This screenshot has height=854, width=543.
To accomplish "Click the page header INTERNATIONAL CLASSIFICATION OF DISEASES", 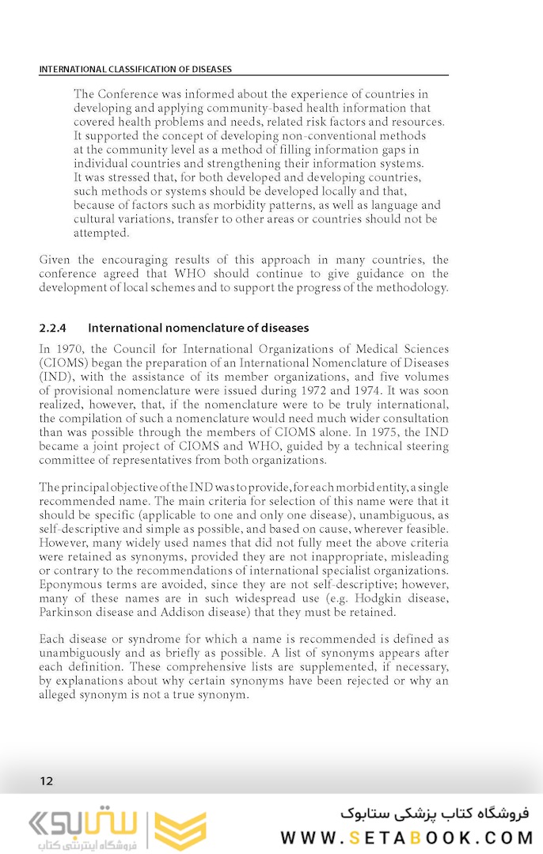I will [x=135, y=70].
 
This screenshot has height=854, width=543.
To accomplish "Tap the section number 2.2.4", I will [x=53, y=328].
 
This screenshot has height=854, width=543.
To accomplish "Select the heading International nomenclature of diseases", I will [x=198, y=328].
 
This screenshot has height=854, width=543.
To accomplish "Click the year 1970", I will [x=73, y=349].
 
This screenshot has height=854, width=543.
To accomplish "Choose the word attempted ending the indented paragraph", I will [x=101, y=233].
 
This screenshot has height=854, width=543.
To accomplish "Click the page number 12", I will [x=47, y=781].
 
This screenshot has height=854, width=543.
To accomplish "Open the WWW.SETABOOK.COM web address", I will [x=404, y=837].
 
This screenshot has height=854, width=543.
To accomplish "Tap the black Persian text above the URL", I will [x=435, y=813].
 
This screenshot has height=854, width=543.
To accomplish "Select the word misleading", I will [x=414, y=557].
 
